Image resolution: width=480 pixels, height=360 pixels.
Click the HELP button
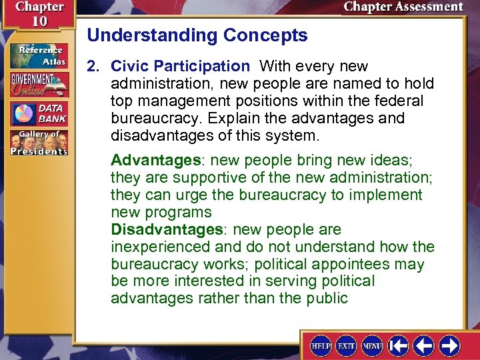(x=321, y=345)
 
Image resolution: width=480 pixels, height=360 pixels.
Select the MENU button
(x=372, y=345)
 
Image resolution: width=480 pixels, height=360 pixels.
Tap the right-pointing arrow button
(x=449, y=345)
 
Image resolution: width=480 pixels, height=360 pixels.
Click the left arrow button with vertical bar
(x=399, y=345)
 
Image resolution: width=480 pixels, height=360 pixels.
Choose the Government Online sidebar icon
(x=39, y=85)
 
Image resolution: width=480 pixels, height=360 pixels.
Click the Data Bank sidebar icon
(x=39, y=113)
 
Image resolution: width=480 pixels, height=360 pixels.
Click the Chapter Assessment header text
(x=403, y=7)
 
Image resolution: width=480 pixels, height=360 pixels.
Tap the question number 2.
(x=92, y=66)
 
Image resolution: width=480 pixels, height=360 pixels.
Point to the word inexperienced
(x=159, y=247)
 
